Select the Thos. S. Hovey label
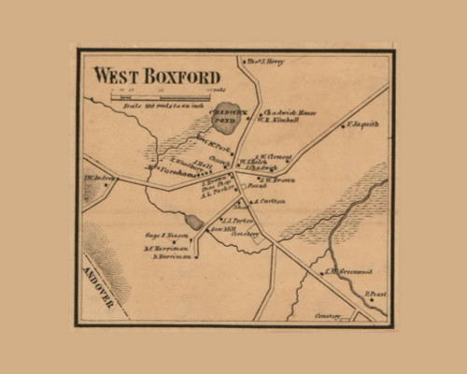[266, 62]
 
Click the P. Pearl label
[375, 294]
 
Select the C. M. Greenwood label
[344, 272]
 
